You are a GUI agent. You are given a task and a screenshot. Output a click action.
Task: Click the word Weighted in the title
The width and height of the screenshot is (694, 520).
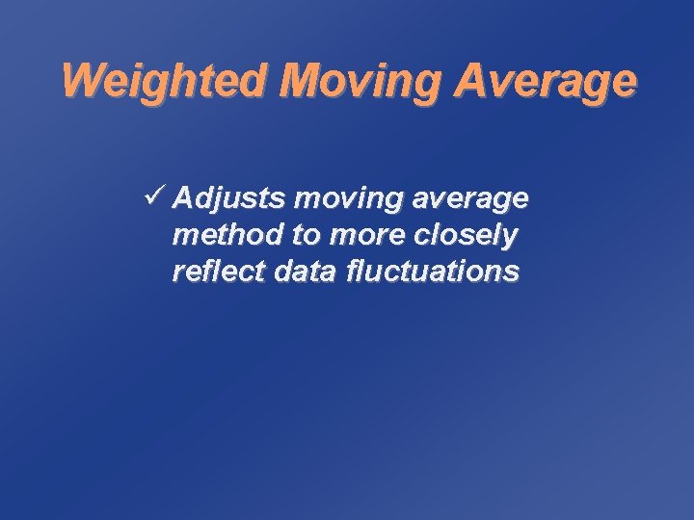tap(164, 82)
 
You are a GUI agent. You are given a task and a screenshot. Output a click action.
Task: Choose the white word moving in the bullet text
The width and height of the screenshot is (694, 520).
tap(339, 199)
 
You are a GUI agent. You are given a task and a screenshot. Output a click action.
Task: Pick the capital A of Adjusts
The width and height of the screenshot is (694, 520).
tap(186, 198)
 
